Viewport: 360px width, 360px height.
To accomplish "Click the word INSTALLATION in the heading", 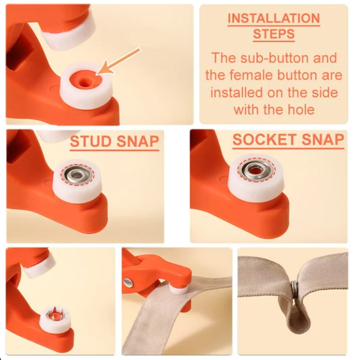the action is coord(274,18).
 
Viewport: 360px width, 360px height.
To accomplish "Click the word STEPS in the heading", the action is coord(274,34).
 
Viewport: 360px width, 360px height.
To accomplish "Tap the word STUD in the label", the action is coord(91,141).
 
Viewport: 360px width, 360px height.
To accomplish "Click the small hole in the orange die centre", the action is coord(84,81).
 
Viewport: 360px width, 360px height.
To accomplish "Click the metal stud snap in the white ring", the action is coord(77,176).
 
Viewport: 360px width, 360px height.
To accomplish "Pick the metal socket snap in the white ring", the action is coord(257,170).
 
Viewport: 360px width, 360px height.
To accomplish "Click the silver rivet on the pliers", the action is coord(128,283).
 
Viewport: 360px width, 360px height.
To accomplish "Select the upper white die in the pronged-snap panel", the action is coord(39,265).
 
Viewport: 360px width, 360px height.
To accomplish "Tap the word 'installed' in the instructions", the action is coord(237,92).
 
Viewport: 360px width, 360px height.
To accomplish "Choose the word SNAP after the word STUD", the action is coord(138,141).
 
